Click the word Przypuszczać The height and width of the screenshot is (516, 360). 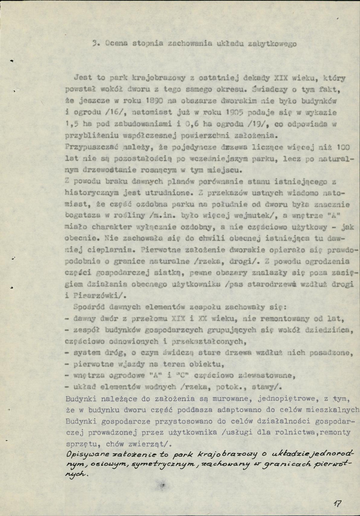click(x=84, y=147)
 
